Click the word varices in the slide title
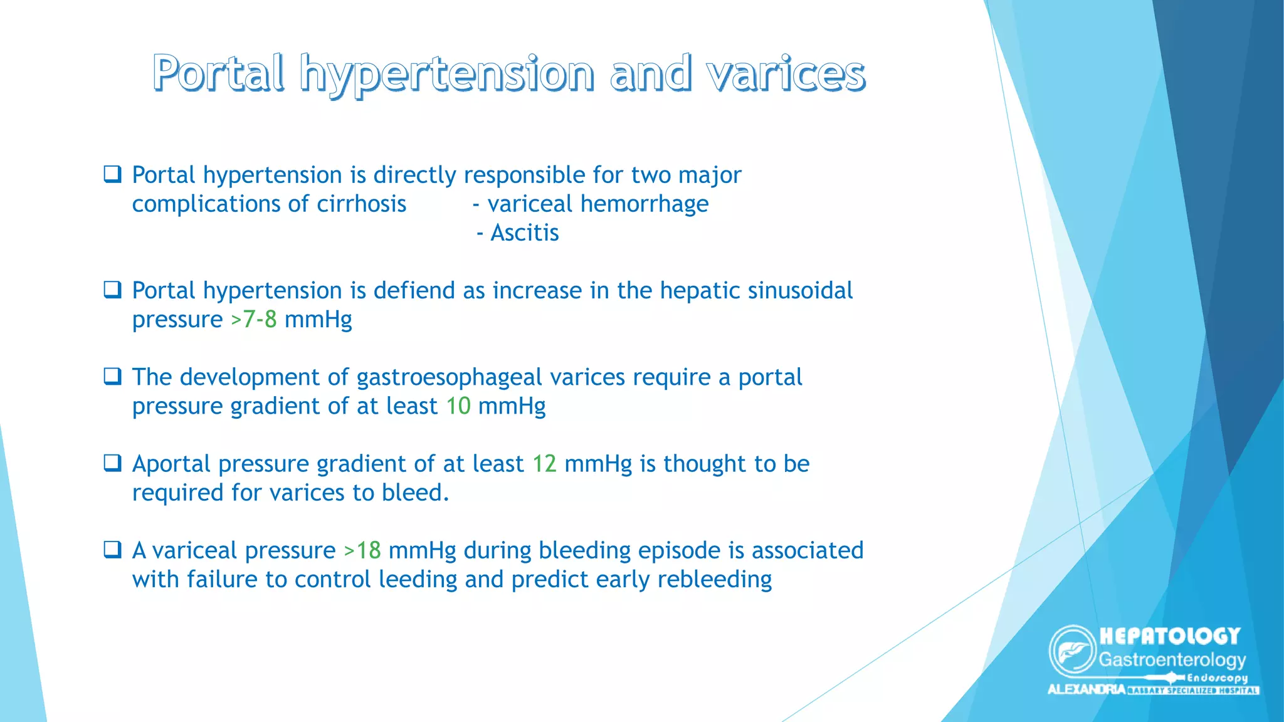(786, 74)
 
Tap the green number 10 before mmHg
(458, 406)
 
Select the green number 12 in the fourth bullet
(544, 464)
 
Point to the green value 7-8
(260, 320)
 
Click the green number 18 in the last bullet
(369, 550)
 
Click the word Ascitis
(524, 233)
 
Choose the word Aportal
(171, 464)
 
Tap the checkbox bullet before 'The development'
(112, 377)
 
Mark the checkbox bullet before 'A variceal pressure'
(112, 550)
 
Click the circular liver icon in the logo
(1072, 651)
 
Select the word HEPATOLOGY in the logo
(1170, 636)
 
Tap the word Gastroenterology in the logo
(1172, 660)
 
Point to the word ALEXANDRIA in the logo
(1086, 689)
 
